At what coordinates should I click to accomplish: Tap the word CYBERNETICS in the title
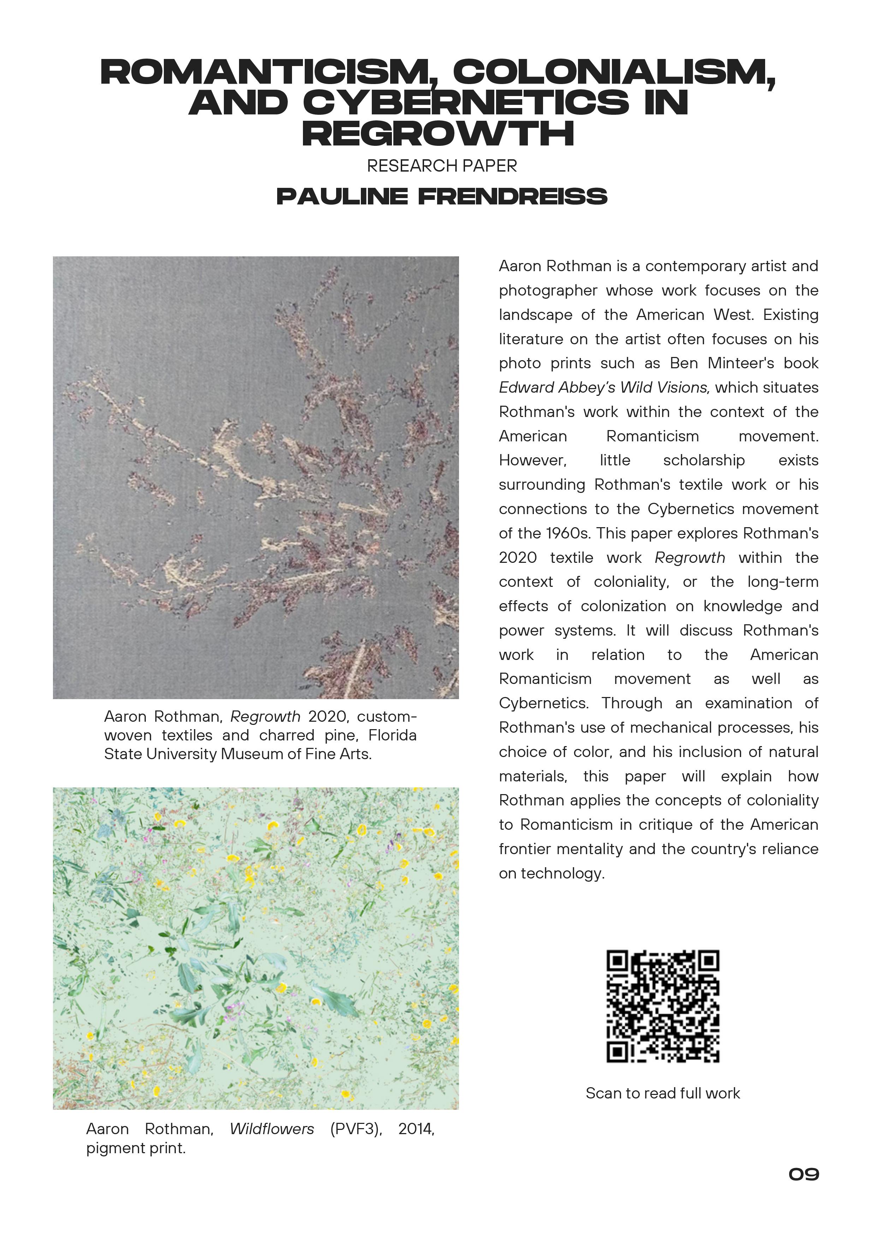[x=466, y=102]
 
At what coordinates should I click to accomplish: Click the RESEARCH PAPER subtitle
[x=441, y=166]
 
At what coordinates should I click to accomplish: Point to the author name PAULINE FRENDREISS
[x=441, y=196]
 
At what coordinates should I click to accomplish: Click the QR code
[x=662, y=1006]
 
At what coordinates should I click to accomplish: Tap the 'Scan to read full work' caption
[x=662, y=1093]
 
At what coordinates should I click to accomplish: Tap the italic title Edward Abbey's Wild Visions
[x=602, y=387]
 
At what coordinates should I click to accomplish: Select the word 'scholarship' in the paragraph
[x=704, y=460]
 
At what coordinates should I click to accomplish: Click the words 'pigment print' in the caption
[x=136, y=1148]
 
